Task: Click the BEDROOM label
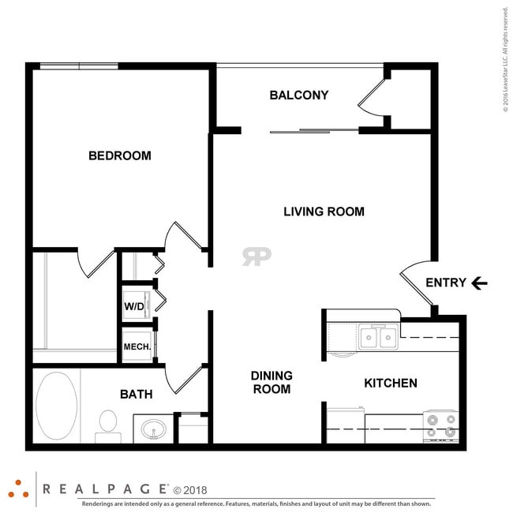pyautogui.click(x=119, y=155)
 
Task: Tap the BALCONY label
pyautogui.click(x=298, y=95)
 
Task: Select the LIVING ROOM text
pyautogui.click(x=324, y=212)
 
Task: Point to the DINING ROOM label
pyautogui.click(x=271, y=382)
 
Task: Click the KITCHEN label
pyautogui.click(x=390, y=384)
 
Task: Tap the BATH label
pyautogui.click(x=136, y=394)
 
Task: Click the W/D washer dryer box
pyautogui.click(x=134, y=306)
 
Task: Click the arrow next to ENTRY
pyautogui.click(x=479, y=283)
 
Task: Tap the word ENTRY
pyautogui.click(x=445, y=283)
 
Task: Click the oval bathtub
pyautogui.click(x=57, y=406)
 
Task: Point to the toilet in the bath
pyautogui.click(x=107, y=425)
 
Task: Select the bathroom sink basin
pyautogui.click(x=153, y=429)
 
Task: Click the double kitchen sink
pyautogui.click(x=378, y=338)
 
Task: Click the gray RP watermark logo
pyautogui.click(x=256, y=256)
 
